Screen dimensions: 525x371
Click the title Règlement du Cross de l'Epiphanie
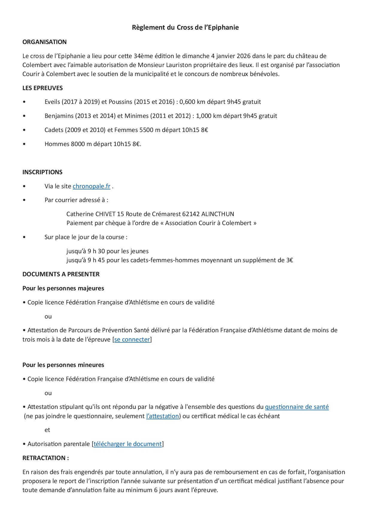[x=185, y=28]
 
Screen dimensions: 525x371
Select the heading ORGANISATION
[x=44, y=42]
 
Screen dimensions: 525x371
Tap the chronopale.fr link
[x=91, y=186]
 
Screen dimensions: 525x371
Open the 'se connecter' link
[x=132, y=339]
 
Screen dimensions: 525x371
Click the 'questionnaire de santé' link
[x=297, y=407]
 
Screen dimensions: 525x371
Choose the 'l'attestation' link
[x=162, y=416]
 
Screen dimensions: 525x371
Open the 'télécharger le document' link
[x=127, y=444]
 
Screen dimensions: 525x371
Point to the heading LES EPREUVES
[x=42, y=88]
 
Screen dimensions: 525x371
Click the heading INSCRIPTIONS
[x=42, y=172]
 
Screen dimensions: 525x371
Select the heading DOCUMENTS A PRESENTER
[x=61, y=274]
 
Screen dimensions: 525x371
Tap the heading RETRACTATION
[x=45, y=458]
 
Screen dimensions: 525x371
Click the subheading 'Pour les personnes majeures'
[x=63, y=288]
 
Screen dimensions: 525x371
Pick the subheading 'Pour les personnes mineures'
[x=63, y=365]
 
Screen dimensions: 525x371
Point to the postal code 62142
[x=191, y=214]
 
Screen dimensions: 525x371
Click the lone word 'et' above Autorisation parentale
[x=47, y=430]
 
